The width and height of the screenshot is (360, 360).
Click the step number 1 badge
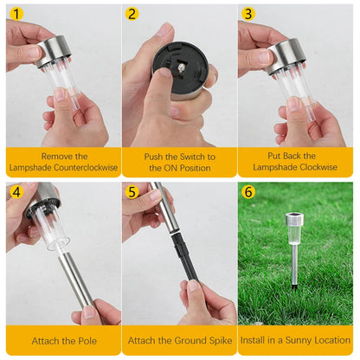16,14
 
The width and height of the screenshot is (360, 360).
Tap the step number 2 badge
132,14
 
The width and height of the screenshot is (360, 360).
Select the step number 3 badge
248,14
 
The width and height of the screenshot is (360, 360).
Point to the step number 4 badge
16,191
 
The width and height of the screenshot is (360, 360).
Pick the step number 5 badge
132,191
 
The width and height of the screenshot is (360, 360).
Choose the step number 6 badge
248,191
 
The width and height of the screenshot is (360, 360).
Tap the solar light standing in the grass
296,251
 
